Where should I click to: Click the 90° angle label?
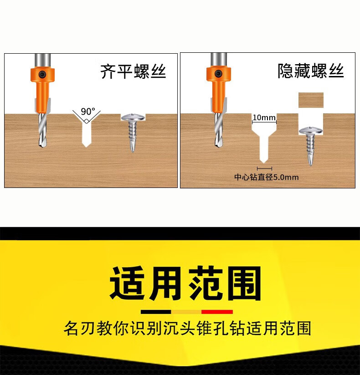click(x=88, y=111)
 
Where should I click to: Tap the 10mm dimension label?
click(x=264, y=117)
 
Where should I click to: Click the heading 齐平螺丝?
click(x=133, y=71)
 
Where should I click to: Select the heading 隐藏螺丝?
click(x=311, y=71)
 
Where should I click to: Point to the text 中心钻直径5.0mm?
click(x=266, y=177)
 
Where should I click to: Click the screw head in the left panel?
click(x=133, y=117)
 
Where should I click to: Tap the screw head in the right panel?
click(x=311, y=131)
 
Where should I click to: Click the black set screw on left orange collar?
click(x=42, y=74)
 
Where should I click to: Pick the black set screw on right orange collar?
click(x=218, y=74)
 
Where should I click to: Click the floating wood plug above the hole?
click(x=311, y=100)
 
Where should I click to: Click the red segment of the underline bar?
click(x=217, y=312)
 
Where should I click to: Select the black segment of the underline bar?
click(x=156, y=312)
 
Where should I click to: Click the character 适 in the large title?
click(x=128, y=283)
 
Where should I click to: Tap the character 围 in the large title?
click(x=244, y=283)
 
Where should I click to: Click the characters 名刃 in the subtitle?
click(x=80, y=328)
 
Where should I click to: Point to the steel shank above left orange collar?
click(x=43, y=61)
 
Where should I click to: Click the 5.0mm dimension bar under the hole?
click(x=264, y=168)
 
